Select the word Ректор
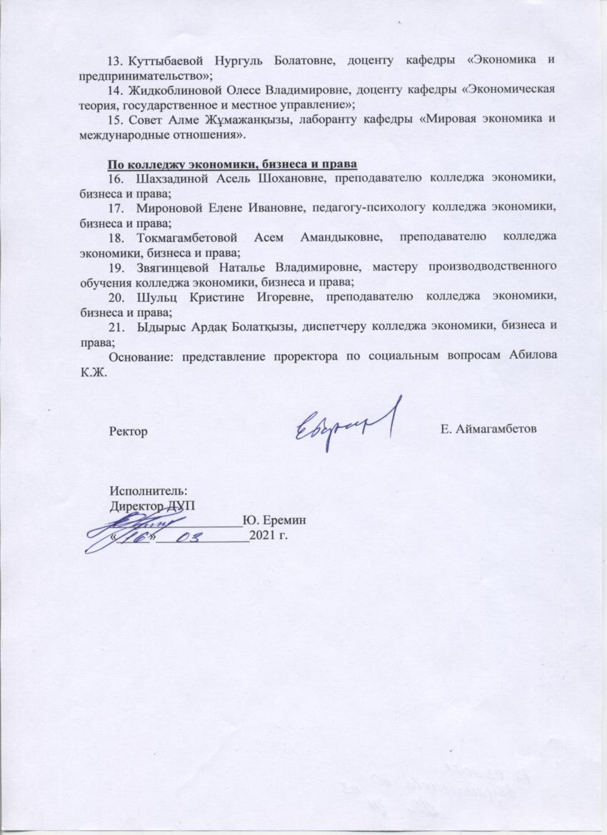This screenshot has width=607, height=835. pyautogui.click(x=128, y=430)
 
